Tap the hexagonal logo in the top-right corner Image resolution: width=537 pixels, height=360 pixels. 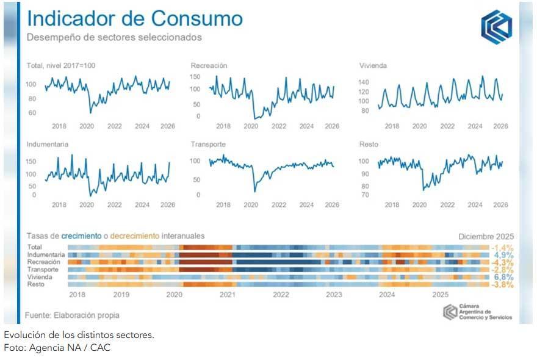[x=496, y=27]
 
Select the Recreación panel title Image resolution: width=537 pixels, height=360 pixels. [x=209, y=65]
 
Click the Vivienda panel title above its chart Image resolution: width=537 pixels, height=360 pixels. [x=373, y=65]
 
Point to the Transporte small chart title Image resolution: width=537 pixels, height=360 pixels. [x=208, y=145]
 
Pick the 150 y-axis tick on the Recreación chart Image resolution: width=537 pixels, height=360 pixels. [x=195, y=77]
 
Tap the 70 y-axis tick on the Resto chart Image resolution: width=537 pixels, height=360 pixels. [x=364, y=195]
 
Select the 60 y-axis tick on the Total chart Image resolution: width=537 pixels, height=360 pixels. [x=32, y=113]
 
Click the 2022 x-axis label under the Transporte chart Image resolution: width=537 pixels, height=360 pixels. [x=279, y=205]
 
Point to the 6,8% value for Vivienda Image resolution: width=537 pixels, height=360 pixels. [x=503, y=277]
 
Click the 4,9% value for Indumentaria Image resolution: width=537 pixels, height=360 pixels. [x=503, y=255]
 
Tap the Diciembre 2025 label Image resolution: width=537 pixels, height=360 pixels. [x=486, y=236]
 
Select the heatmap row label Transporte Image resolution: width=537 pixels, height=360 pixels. [x=43, y=270]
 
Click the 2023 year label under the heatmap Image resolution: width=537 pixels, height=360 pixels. [x=333, y=295]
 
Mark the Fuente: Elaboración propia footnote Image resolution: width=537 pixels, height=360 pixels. [x=72, y=315]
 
